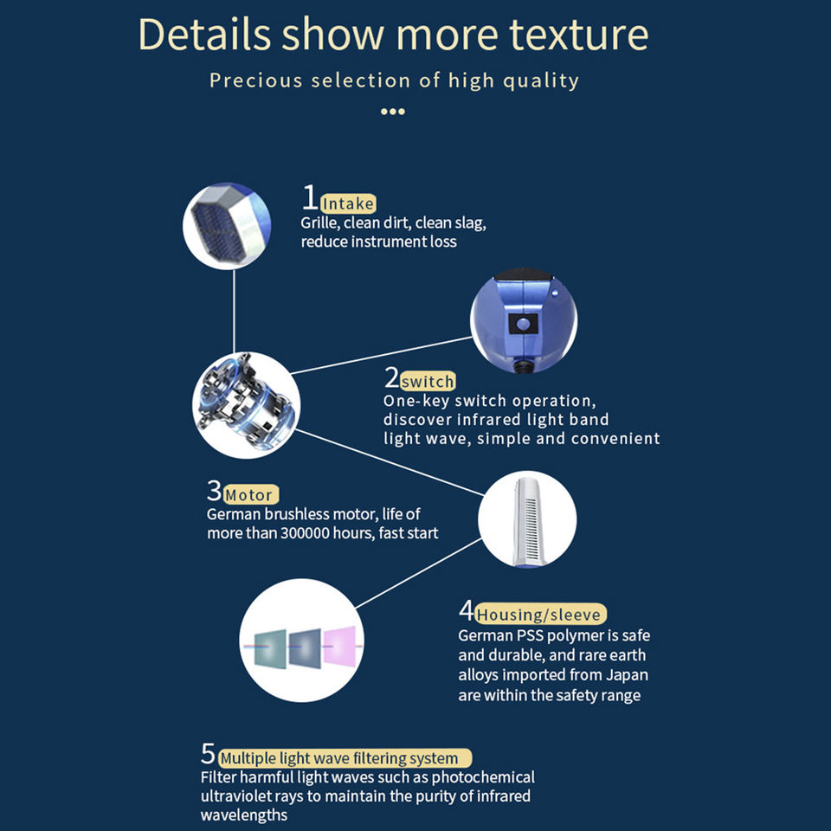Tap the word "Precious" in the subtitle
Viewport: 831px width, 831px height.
click(x=256, y=81)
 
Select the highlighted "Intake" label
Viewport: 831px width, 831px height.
click(x=348, y=204)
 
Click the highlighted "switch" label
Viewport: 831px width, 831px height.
click(x=428, y=382)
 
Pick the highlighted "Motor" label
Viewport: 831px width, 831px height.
click(x=248, y=496)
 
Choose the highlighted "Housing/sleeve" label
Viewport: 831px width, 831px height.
click(x=540, y=615)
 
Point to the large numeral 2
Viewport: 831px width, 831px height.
click(x=392, y=378)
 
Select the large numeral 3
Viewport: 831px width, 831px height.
click(x=215, y=492)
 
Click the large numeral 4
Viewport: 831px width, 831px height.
click(x=467, y=611)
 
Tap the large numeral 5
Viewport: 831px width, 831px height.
click(x=208, y=753)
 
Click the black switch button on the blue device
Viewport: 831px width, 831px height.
click(x=522, y=324)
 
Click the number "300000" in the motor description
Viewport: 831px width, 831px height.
click(x=311, y=533)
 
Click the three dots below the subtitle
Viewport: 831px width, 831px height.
click(x=393, y=112)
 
